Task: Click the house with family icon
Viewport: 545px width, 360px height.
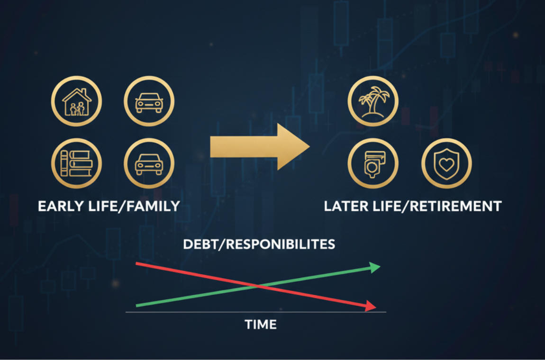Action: [76, 101]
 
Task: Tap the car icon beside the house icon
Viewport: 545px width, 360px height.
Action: [149, 101]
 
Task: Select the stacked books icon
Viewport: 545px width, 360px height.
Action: [76, 163]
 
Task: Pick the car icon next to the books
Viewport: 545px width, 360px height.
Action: [149, 163]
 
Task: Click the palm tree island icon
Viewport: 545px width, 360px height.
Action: [373, 101]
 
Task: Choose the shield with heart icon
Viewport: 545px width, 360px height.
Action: [446, 163]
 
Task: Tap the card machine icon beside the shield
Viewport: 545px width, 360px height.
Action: [373, 163]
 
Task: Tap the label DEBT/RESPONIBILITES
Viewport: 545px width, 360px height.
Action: [259, 244]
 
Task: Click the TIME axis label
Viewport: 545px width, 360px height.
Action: [260, 325]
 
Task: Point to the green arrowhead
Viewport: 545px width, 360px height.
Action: [375, 268]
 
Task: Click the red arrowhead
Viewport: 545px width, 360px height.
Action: [371, 306]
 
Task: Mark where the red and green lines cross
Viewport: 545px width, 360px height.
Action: [257, 286]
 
